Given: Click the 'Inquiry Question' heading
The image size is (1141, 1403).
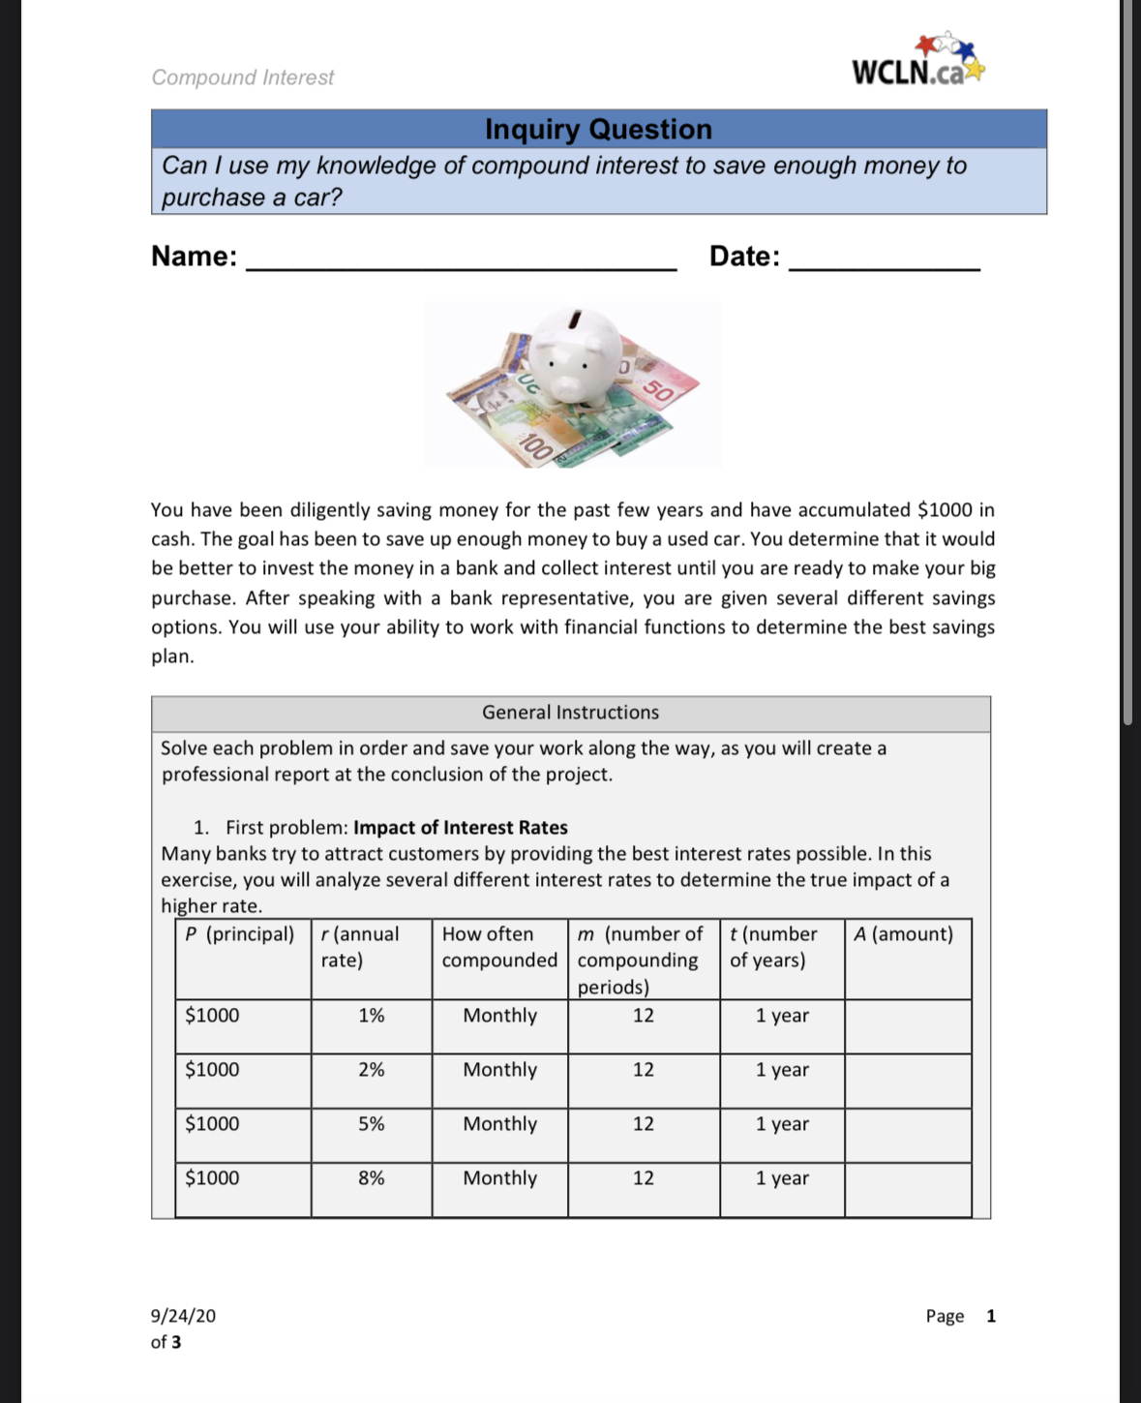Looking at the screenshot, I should pyautogui.click(x=598, y=129).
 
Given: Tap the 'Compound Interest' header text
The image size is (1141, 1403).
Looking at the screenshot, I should pyautogui.click(x=242, y=77).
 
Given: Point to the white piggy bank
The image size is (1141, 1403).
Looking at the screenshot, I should pyautogui.click(x=578, y=355).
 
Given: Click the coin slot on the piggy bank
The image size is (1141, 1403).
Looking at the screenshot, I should pyautogui.click(x=576, y=318).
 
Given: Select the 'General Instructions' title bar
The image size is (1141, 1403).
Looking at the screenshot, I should pyautogui.click(x=570, y=713).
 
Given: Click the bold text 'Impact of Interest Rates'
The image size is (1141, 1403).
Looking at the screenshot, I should pyautogui.click(x=460, y=828).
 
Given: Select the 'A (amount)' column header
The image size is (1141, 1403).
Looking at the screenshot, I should pyautogui.click(x=904, y=934).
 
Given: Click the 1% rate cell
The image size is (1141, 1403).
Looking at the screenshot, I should pyautogui.click(x=371, y=1016).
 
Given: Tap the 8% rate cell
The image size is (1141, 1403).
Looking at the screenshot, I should pyautogui.click(x=371, y=1178).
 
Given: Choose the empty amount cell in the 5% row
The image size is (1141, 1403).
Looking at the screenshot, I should pyautogui.click(x=907, y=1135).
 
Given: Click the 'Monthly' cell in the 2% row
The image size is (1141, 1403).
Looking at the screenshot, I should pyautogui.click(x=499, y=1070).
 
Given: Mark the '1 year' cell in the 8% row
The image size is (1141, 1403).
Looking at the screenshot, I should pyautogui.click(x=782, y=1178).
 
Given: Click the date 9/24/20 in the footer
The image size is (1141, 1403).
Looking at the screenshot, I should pyautogui.click(x=183, y=1316).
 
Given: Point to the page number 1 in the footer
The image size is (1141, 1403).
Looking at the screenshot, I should pyautogui.click(x=990, y=1316).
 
